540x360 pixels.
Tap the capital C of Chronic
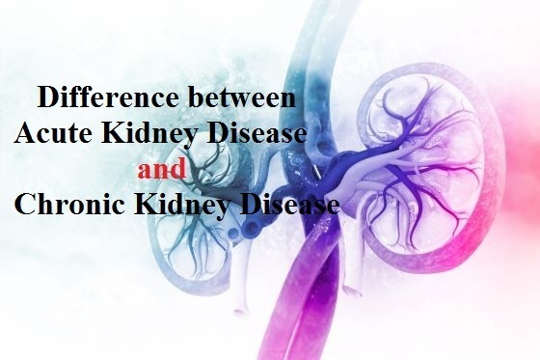pyautogui.click(x=26, y=205)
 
